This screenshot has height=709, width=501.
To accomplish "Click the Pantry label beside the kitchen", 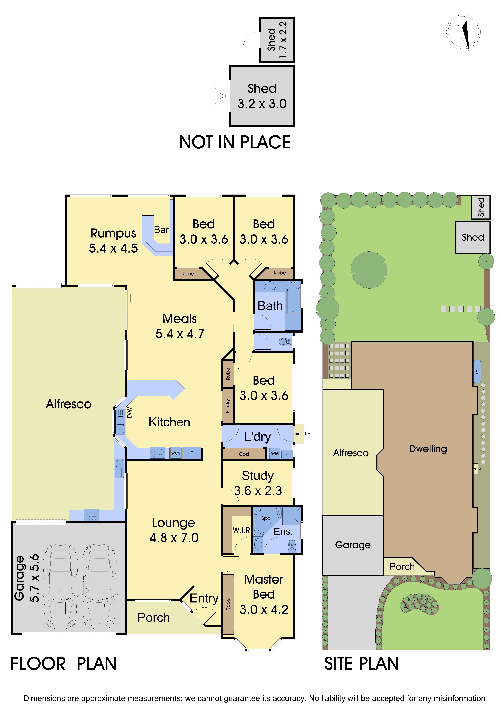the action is coord(228,406).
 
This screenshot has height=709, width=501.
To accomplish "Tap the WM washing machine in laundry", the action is coord(275,453).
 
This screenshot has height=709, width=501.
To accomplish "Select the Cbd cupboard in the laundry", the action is coord(244,454).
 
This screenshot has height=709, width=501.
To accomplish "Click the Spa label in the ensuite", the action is coord(266,518).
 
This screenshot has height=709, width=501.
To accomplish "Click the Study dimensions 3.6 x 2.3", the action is coord(258,491).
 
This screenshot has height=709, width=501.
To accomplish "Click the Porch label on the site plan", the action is coord(402,567).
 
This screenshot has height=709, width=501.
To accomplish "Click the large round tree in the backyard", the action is coord(369,270).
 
